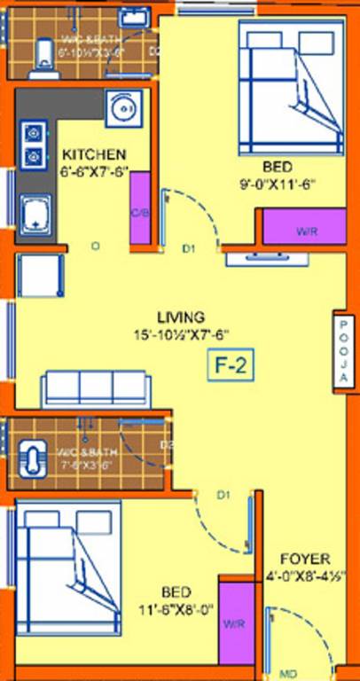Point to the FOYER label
(305, 560)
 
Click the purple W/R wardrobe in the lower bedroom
(234, 623)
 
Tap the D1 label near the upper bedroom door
(188, 250)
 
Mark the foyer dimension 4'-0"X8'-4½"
(305, 576)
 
